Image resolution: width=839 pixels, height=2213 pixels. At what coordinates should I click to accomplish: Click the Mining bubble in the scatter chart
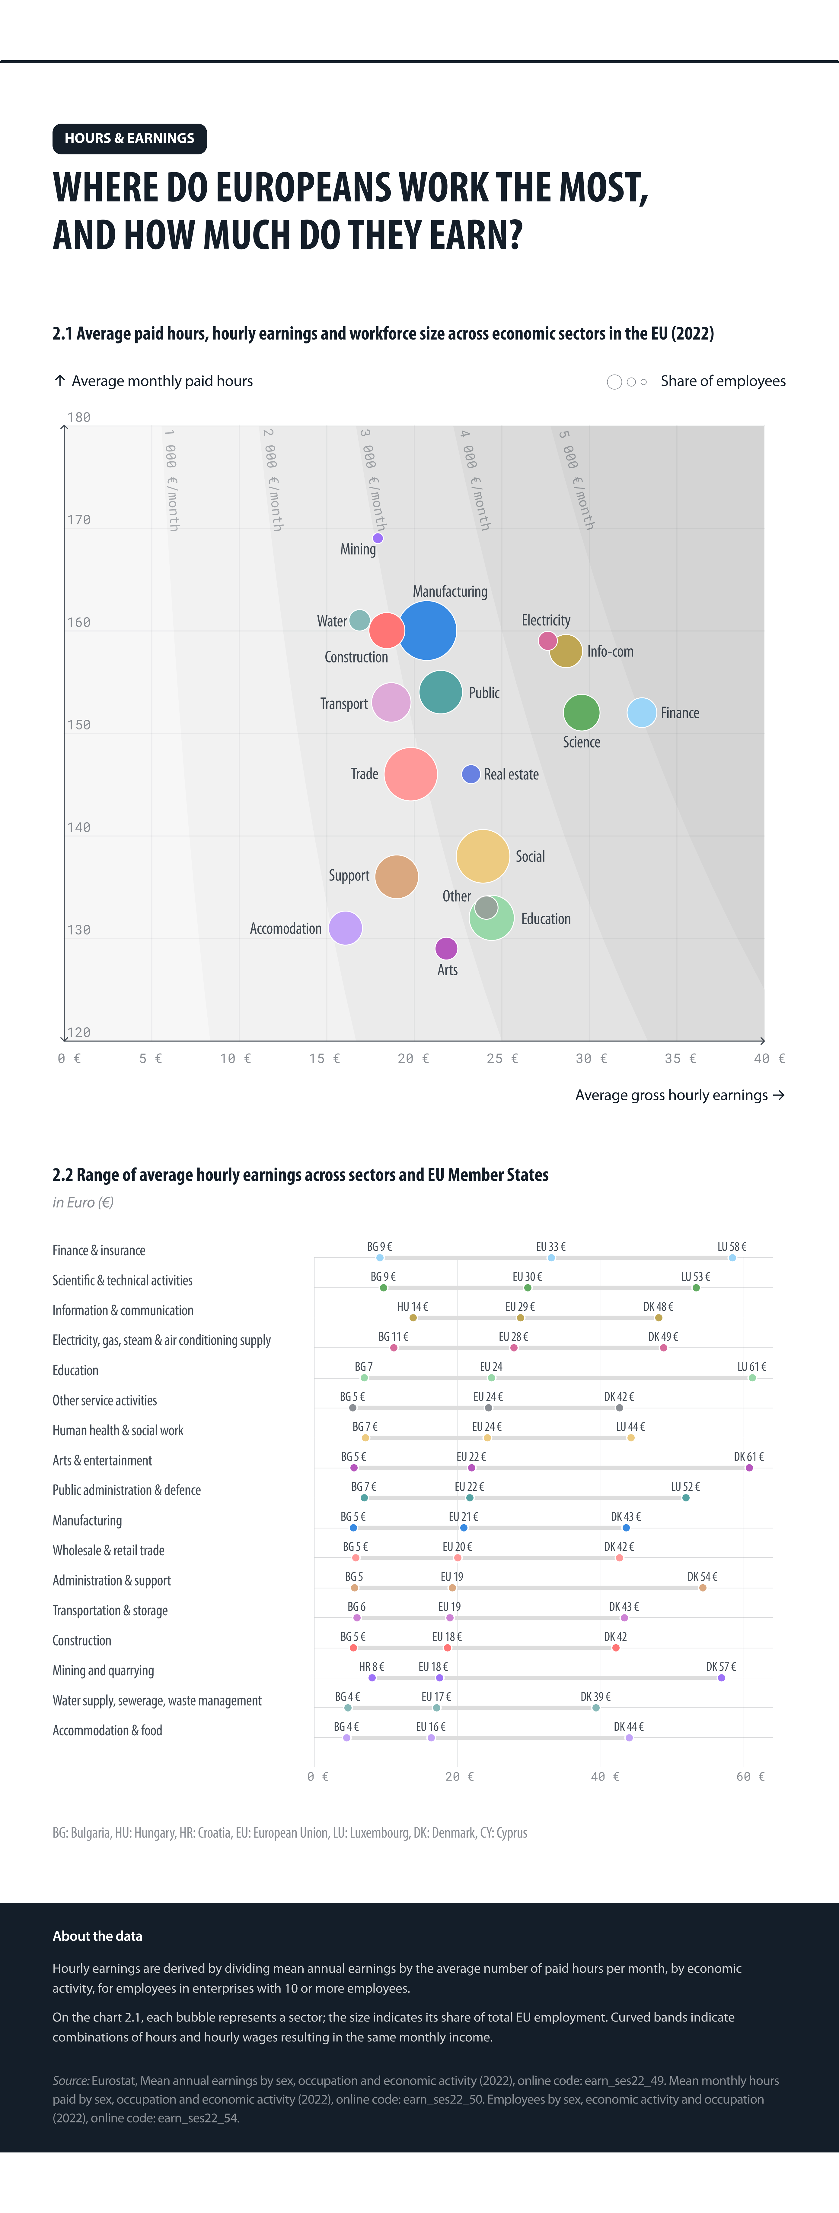377,538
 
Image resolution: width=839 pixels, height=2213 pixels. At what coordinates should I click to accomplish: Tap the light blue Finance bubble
641,712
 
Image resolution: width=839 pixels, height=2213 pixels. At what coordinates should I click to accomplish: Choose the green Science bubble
581,712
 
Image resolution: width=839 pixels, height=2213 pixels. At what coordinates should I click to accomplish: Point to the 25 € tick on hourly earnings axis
502,1058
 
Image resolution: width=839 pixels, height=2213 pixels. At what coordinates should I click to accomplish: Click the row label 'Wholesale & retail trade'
108,1550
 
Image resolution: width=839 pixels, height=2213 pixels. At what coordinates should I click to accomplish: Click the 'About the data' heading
97,1936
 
